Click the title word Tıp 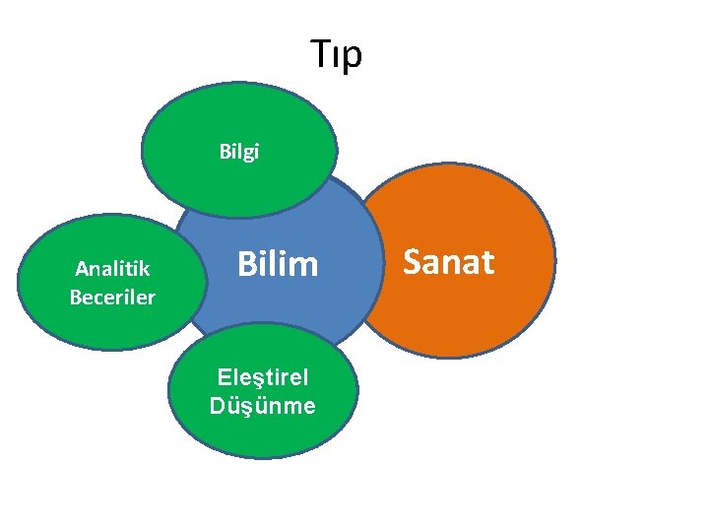coord(336,54)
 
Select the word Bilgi coord(239,153)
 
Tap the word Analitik coord(112,268)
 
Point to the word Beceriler coord(112,297)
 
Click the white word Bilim coord(279,264)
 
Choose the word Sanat coord(448,262)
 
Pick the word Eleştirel coord(262,377)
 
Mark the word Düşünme coord(262,405)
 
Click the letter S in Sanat coord(412,262)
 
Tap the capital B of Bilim coord(246,264)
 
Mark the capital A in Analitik coord(81,268)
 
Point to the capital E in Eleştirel coord(224,377)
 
